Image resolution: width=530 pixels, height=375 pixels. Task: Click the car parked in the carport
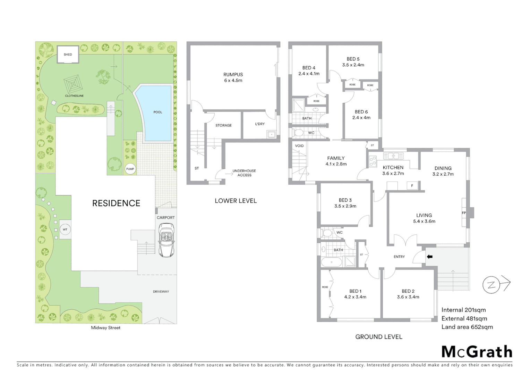[x=166, y=240]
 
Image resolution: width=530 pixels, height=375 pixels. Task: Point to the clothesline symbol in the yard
[x=73, y=84]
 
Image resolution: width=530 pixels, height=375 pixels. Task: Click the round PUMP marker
[x=130, y=169]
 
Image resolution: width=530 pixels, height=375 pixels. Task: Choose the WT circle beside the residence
[x=65, y=230]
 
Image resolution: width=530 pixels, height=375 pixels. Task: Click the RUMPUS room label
[x=233, y=74]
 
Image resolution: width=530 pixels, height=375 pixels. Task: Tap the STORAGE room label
[x=223, y=125]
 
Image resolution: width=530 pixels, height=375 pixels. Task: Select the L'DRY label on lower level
[x=260, y=124]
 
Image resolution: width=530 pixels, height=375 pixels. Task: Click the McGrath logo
[x=477, y=352]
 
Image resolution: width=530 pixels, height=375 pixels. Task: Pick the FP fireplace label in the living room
[x=464, y=213]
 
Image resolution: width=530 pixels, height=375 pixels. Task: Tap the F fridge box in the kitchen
[x=412, y=186]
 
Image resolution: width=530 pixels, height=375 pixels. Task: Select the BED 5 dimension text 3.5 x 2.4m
[x=353, y=65]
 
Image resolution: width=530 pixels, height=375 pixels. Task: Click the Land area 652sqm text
[x=467, y=327]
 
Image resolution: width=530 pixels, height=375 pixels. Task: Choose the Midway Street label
[x=105, y=327]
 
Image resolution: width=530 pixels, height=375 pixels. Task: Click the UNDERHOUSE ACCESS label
[x=244, y=173]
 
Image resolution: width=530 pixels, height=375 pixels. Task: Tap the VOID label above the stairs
[x=299, y=146]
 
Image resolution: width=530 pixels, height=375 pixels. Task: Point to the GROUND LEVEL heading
[x=379, y=337]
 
